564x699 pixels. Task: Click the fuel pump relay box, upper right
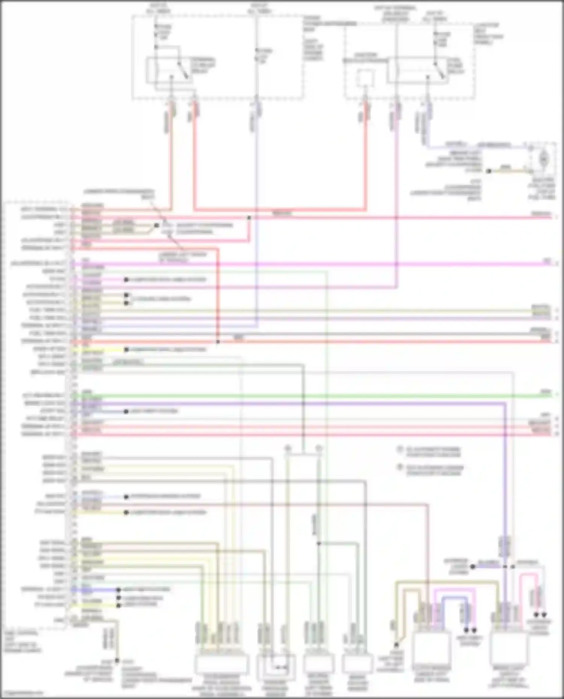[x=417, y=71]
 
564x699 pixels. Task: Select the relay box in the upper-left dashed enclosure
[x=169, y=71]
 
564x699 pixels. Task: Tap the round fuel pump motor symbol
[x=543, y=159]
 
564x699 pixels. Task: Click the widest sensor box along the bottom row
[x=221, y=664]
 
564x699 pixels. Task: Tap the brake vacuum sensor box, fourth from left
[x=357, y=664]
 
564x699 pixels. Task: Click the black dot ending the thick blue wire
[x=118, y=590]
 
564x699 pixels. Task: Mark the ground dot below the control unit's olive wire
[x=117, y=660]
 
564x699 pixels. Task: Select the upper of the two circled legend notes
[x=400, y=450]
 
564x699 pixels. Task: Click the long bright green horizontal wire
[x=301, y=396]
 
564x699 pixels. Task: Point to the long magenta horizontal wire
[x=301, y=264]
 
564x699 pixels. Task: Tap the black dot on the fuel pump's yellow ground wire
[x=489, y=171]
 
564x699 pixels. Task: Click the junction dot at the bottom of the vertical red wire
[x=218, y=342]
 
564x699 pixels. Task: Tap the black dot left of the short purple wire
[x=473, y=567]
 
